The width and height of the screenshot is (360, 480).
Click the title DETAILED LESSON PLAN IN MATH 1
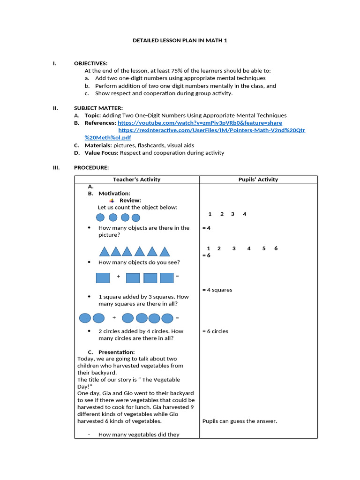(180, 40)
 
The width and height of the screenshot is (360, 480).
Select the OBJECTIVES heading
(90, 63)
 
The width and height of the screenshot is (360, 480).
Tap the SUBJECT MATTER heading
(98, 108)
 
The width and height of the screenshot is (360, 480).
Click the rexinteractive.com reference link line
(211, 130)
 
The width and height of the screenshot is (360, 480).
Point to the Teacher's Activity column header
(136, 180)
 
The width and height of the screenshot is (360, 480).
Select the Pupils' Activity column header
(258, 180)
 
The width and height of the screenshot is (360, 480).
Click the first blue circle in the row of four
(100, 217)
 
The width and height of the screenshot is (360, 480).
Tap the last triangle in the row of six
(164, 252)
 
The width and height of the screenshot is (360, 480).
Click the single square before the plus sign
(103, 277)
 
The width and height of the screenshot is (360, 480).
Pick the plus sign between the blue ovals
(114, 318)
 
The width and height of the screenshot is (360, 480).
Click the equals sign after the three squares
(177, 277)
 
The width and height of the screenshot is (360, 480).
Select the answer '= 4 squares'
(217, 290)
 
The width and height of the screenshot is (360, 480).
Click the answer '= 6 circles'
(215, 331)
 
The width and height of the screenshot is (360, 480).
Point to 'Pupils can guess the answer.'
(240, 421)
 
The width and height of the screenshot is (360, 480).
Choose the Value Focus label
(102, 153)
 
